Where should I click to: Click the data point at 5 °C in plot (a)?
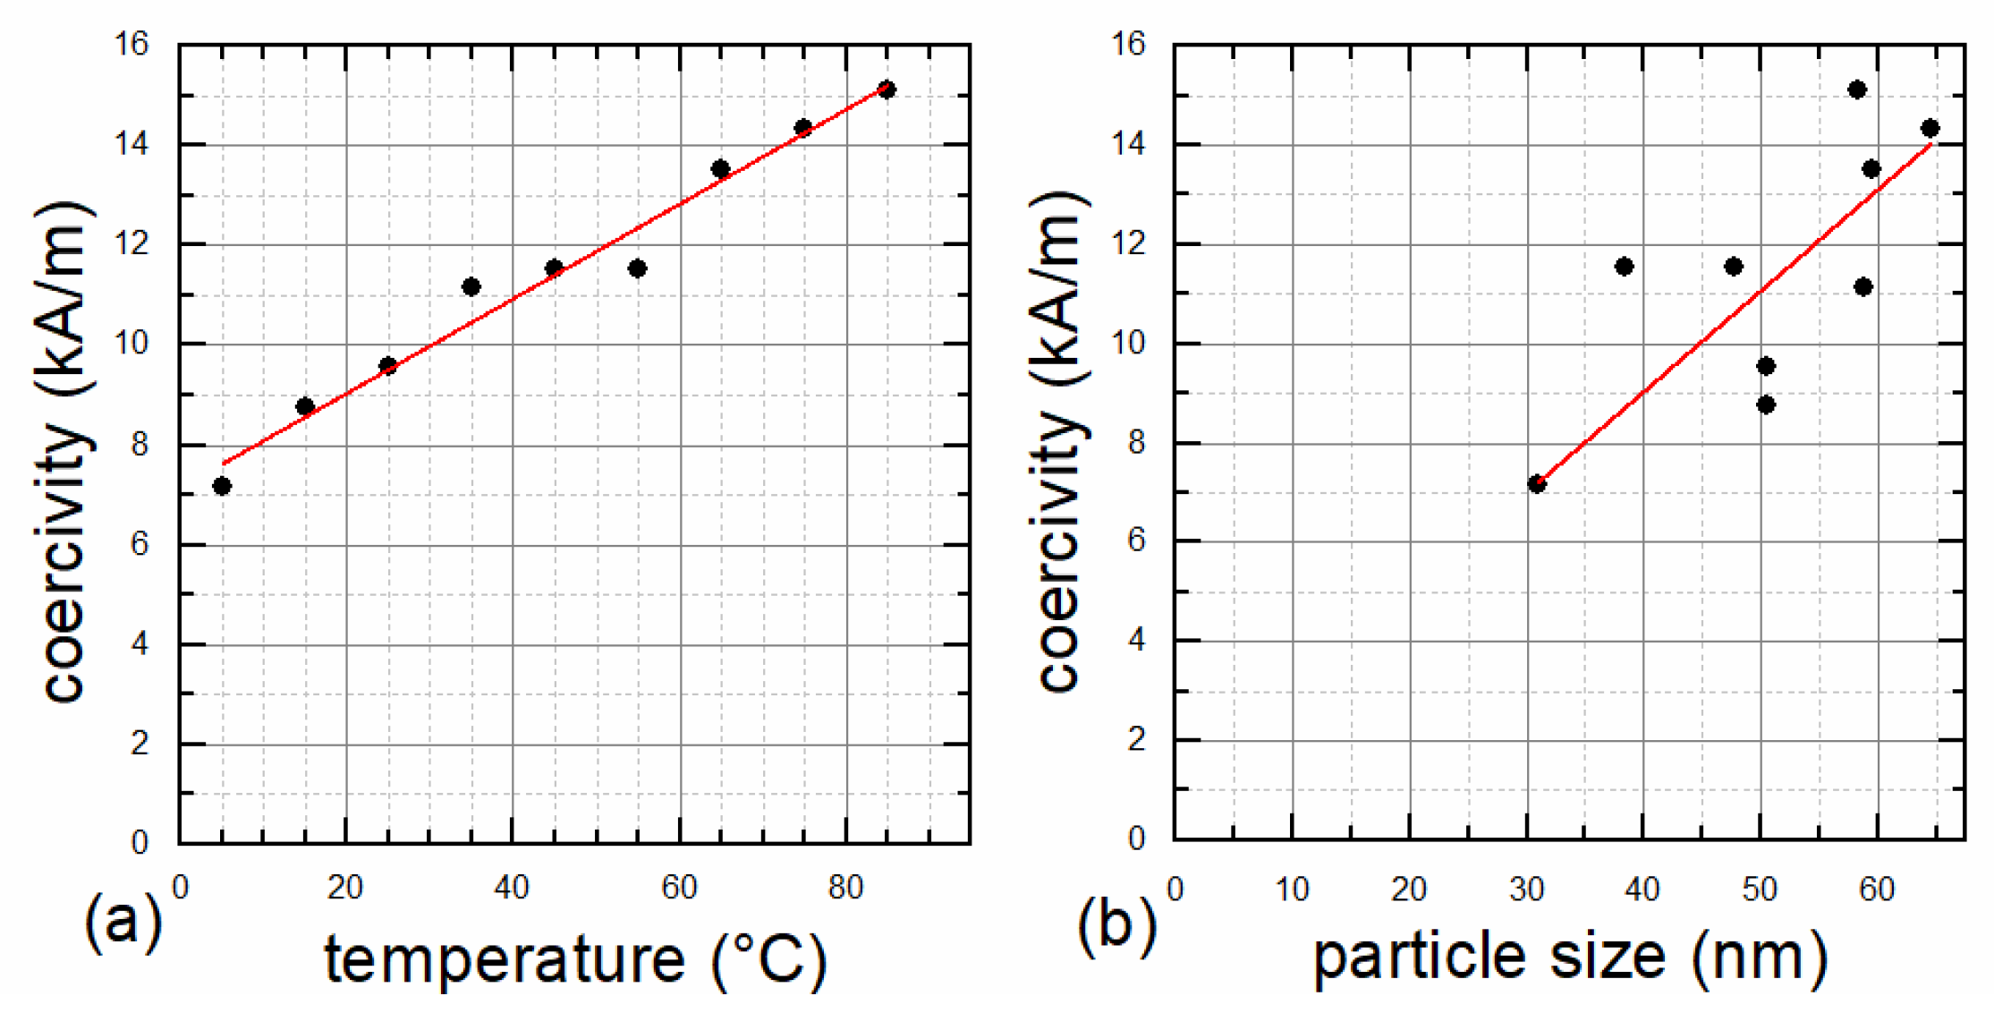(222, 486)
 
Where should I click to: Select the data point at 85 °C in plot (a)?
(887, 89)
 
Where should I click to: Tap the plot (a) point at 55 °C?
(637, 268)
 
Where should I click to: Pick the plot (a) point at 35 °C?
(471, 287)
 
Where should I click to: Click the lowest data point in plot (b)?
(1537, 484)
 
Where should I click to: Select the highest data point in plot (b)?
(1857, 89)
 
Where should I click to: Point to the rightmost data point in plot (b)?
(1930, 128)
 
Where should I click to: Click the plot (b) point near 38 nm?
(1625, 267)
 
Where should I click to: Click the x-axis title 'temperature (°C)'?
(575, 959)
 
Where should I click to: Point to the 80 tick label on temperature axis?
(845, 888)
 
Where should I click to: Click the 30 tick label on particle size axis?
(1526, 890)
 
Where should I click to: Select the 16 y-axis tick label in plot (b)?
(1128, 43)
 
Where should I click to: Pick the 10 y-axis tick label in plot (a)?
(132, 344)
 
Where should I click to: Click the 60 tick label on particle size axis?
(1877, 890)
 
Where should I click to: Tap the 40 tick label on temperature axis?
(512, 888)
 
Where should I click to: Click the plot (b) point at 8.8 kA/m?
(1766, 404)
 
